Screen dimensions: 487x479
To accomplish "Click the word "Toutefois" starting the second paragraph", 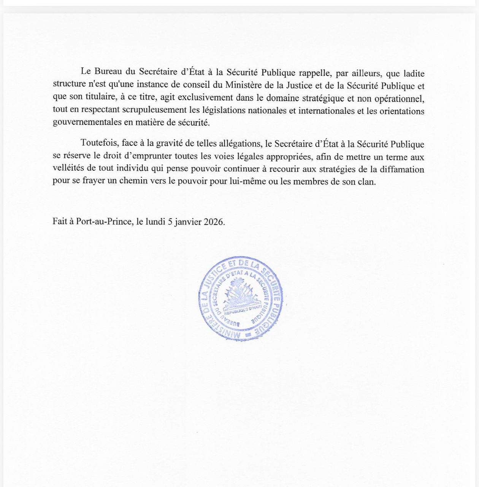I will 98,144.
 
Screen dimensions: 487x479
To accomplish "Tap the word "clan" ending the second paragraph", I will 367,181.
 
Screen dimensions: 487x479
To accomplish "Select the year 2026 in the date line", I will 214,222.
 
